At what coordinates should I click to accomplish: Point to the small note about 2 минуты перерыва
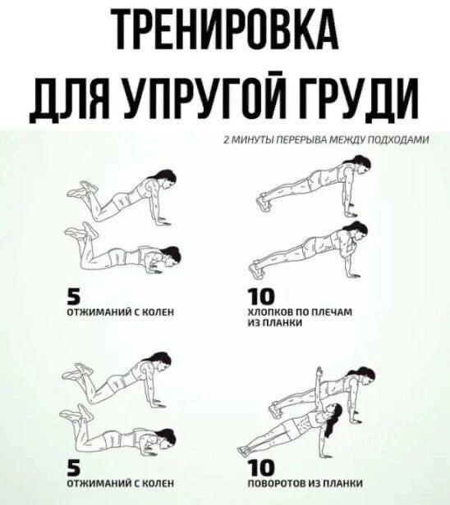tap(327, 140)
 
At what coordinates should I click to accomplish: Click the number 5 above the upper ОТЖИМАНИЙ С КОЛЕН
tap(73, 296)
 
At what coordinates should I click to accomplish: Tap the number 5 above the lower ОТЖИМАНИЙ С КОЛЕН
tap(73, 467)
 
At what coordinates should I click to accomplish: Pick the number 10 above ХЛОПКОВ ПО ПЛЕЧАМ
tap(260, 296)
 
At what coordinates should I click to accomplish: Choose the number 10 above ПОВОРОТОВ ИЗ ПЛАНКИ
tap(260, 467)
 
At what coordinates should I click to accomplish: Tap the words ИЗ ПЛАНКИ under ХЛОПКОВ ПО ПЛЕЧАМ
tap(275, 323)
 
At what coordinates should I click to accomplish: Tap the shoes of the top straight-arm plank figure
tap(264, 201)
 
